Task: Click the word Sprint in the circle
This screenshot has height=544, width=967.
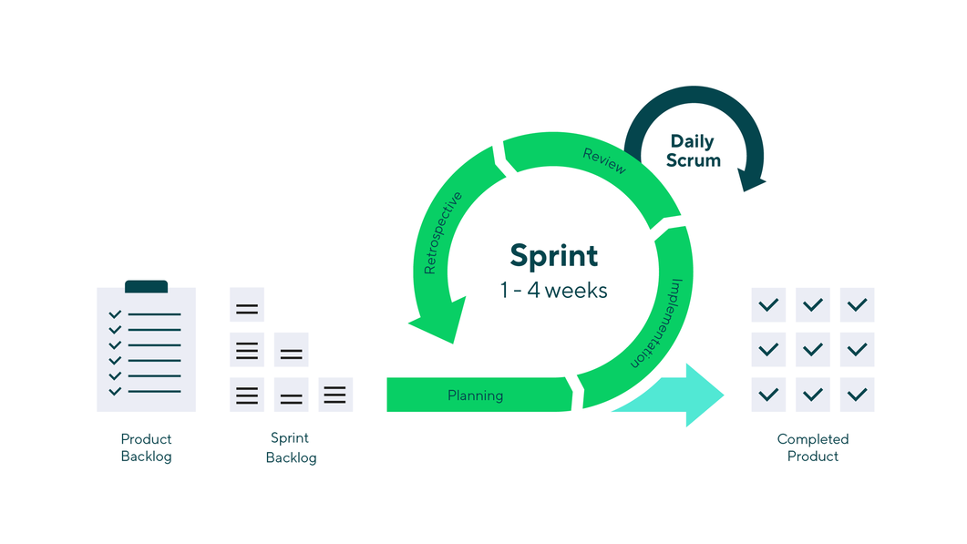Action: [553, 255]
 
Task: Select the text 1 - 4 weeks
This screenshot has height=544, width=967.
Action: [553, 291]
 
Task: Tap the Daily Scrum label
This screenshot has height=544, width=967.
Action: [693, 150]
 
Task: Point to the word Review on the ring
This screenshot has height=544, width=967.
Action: [604, 160]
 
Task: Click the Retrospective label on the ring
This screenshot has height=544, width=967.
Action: [443, 233]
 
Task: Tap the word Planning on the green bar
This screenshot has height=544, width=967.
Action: [475, 395]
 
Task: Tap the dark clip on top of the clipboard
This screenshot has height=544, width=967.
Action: [146, 286]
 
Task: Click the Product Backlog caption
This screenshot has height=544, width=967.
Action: [146, 447]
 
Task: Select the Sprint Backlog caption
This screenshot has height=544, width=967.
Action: [291, 447]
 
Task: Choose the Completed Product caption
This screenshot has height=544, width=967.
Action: [812, 447]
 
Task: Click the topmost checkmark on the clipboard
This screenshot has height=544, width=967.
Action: [115, 314]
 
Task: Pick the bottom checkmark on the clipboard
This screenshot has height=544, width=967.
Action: [115, 392]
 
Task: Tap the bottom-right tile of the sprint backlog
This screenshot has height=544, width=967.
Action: [334, 395]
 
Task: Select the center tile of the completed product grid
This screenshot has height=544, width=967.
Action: [812, 349]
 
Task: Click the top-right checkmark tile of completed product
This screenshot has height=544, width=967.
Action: [857, 304]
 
